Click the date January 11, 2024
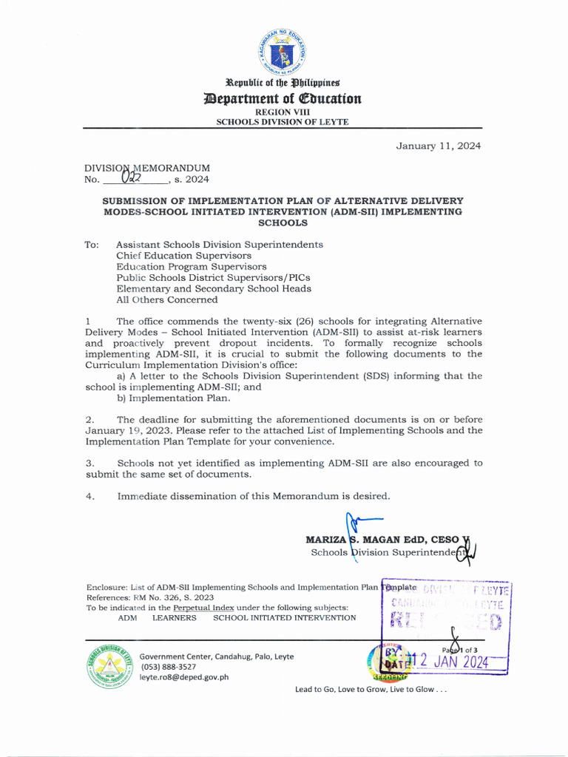438,146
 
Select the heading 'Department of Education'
283,98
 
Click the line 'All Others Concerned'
166,299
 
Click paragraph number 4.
89,496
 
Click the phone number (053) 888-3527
168,666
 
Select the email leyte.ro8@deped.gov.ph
184,676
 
